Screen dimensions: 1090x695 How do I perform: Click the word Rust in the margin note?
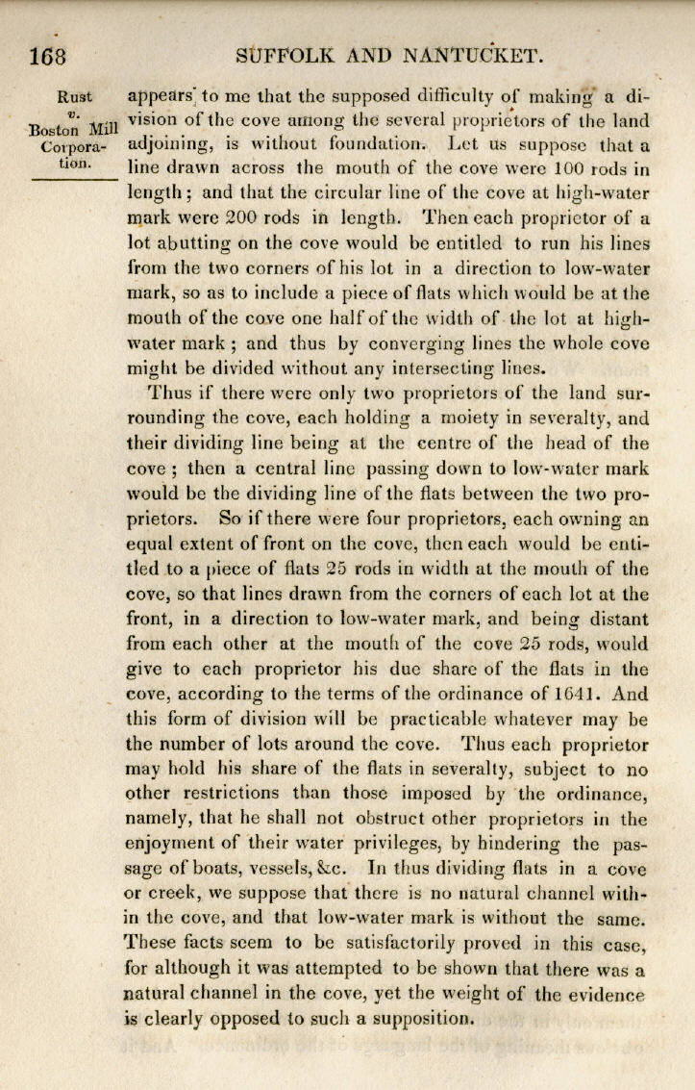click(x=75, y=96)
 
